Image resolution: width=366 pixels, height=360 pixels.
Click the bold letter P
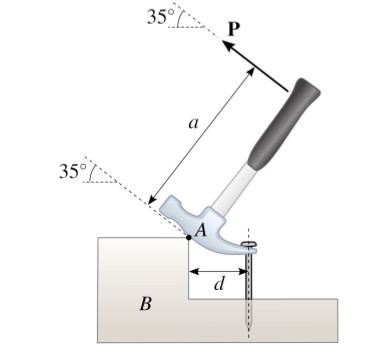[234, 28]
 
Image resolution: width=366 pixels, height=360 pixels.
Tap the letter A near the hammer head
[199, 231]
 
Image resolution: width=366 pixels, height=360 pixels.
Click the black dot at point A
[188, 238]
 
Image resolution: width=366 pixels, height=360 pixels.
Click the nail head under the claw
[250, 244]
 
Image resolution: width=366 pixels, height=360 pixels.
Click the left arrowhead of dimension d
[193, 271]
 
